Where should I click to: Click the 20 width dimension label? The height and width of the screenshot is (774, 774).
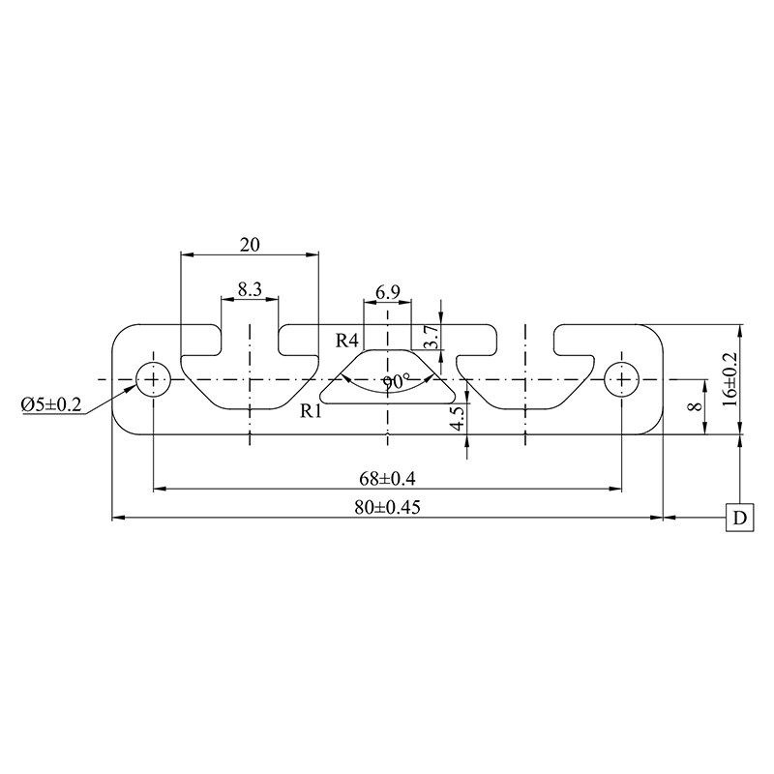250,245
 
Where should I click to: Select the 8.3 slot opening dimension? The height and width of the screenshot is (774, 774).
250,288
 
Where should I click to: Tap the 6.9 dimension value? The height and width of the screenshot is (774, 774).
388,291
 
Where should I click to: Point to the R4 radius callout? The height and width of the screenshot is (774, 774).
348,340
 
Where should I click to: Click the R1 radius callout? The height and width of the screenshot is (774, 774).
311,410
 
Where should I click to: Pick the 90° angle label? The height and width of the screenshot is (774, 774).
395,382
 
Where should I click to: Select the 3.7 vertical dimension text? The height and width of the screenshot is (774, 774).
432,337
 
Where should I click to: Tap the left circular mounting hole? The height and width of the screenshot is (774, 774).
153,379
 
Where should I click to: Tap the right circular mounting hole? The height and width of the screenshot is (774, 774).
621,379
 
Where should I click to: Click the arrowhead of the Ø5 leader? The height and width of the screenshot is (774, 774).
134,390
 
